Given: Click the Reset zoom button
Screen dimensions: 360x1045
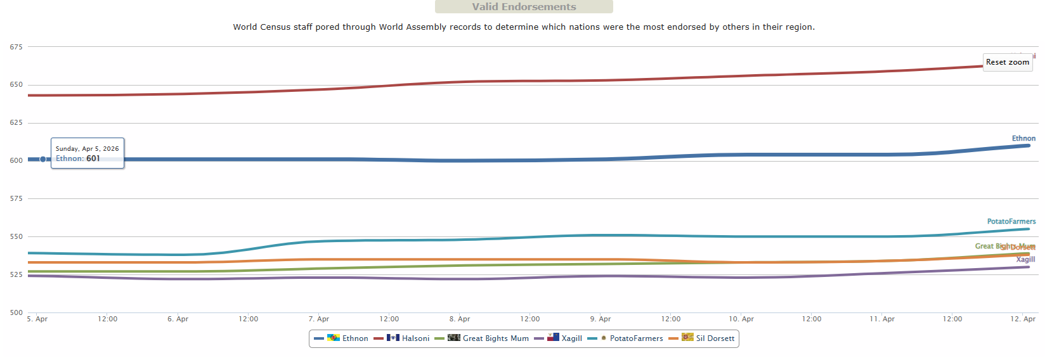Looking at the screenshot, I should [1007, 62].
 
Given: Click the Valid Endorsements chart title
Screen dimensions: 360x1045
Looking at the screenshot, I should [524, 7].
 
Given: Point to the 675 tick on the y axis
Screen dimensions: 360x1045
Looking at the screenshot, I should [16, 47].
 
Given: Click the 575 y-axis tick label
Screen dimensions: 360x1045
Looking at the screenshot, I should [16, 199].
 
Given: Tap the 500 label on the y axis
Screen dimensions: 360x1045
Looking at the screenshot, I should [16, 312].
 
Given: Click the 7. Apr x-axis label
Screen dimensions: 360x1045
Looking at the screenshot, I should [319, 319].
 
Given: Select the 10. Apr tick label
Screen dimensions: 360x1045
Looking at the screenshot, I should [741, 319].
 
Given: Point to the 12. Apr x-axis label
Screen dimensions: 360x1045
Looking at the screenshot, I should [1023, 319].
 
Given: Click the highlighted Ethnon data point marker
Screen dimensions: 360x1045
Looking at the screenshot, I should [43, 159].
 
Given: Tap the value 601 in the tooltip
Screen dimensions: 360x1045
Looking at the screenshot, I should [93, 158].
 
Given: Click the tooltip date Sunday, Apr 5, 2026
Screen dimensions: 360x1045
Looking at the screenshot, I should [87, 148].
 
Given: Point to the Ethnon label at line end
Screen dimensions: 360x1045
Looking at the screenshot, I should [1023, 138].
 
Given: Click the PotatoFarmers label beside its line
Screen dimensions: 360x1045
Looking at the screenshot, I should [1011, 221].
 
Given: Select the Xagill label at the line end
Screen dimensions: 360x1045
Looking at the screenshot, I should [1025, 259].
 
